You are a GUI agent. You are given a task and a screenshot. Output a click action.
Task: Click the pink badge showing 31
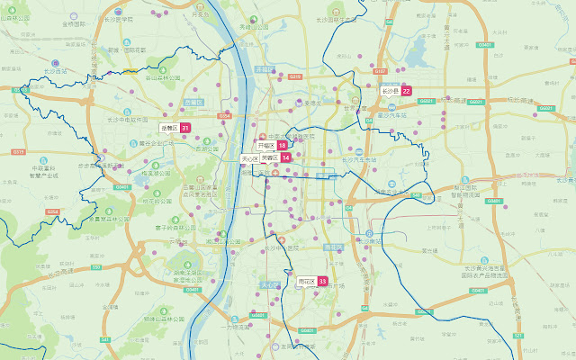184,129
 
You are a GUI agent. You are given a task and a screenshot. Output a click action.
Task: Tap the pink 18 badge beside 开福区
283,145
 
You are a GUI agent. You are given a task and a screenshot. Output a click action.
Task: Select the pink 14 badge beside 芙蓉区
285,157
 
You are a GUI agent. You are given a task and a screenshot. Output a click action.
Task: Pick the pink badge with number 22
407,91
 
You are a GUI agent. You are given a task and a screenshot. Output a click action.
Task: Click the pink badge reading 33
322,282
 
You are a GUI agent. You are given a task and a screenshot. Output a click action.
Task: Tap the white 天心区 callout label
249,158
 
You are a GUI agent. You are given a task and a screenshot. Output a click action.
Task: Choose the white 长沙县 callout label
389,91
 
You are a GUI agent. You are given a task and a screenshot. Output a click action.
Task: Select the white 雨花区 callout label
306,282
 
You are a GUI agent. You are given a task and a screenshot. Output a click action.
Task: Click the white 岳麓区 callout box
168,129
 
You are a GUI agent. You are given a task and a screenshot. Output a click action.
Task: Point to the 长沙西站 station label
56,70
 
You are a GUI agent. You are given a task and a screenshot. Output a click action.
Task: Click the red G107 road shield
380,71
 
